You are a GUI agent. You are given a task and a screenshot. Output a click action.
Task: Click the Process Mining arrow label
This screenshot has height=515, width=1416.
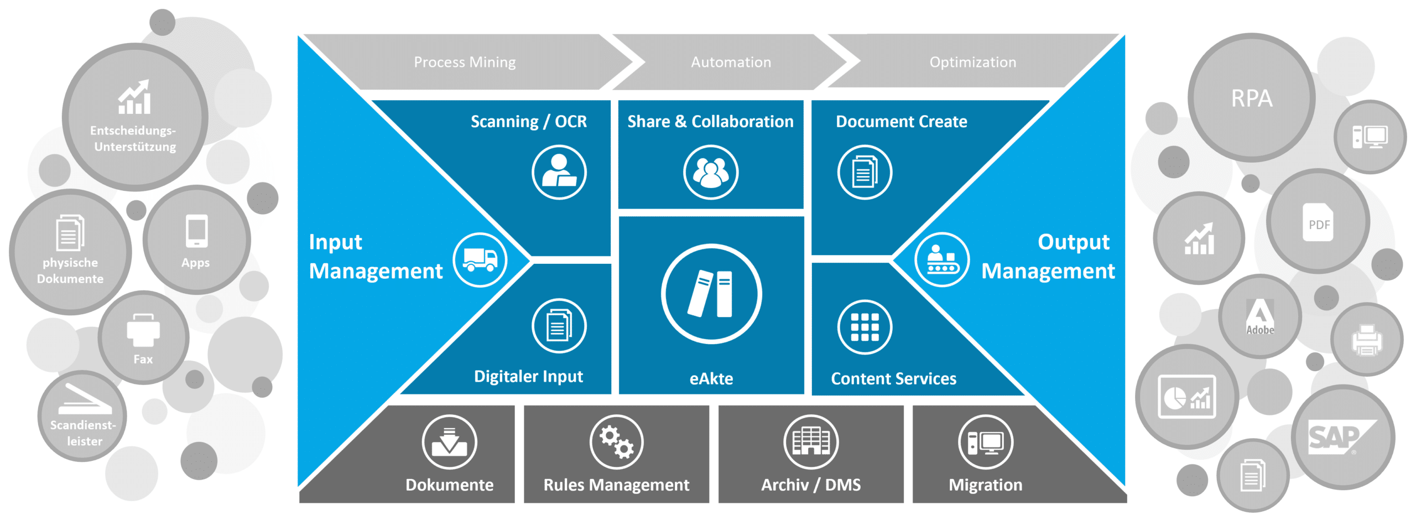[x=465, y=62]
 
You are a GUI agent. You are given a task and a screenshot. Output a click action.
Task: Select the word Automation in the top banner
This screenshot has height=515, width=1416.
[x=731, y=62]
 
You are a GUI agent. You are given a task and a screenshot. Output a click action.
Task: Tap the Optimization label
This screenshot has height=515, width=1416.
[x=973, y=62]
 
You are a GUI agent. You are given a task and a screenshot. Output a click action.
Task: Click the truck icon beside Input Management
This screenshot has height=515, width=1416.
[x=480, y=259]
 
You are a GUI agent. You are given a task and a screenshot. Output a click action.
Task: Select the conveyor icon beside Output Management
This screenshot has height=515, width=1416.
[x=942, y=259]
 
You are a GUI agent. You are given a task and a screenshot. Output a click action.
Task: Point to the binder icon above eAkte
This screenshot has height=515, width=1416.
[x=711, y=294]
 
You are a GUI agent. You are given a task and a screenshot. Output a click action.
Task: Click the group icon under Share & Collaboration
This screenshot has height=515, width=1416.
[x=711, y=173]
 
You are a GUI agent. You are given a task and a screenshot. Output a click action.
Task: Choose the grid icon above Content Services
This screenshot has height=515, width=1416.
[x=865, y=327]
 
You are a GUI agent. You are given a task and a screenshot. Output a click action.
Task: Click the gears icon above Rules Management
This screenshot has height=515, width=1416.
[x=617, y=442]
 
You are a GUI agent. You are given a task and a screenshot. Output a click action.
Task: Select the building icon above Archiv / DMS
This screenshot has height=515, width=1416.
[x=811, y=442]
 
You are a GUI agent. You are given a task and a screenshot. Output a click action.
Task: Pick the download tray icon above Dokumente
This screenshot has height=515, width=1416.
[x=449, y=442]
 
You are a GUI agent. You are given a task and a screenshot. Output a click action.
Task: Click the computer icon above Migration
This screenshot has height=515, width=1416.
[x=986, y=442]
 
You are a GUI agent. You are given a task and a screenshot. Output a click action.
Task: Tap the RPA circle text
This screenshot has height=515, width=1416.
[x=1252, y=98]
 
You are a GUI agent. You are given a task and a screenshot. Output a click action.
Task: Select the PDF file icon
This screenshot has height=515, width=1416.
[x=1318, y=222]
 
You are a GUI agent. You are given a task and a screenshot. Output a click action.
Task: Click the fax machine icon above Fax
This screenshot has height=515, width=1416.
[x=143, y=330]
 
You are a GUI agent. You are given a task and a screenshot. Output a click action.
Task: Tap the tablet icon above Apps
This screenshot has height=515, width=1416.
[x=196, y=231]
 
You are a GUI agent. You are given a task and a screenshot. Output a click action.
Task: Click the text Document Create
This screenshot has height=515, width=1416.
[x=902, y=122]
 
